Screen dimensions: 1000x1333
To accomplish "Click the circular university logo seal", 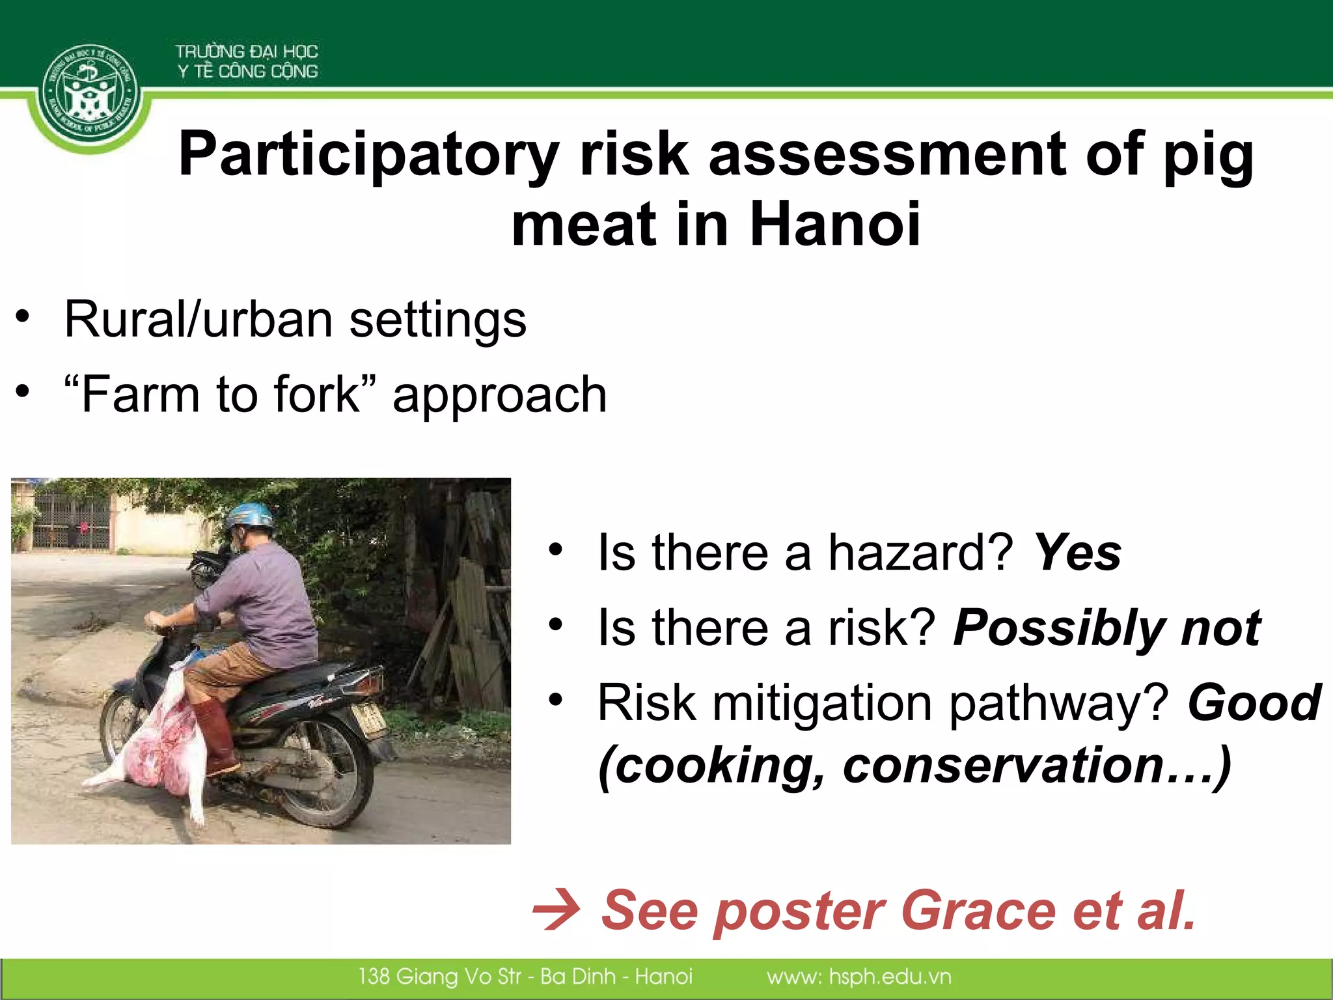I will [x=90, y=94].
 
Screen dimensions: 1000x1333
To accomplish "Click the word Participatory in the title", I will [x=368, y=155].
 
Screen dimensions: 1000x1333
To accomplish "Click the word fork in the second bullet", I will [x=316, y=395].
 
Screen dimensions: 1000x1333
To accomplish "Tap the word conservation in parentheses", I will [x=1002, y=766].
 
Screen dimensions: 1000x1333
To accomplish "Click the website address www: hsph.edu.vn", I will [x=859, y=977].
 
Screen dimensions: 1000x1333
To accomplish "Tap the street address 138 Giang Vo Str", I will [x=439, y=977].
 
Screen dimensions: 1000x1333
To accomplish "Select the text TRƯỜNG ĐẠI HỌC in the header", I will [x=247, y=51].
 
